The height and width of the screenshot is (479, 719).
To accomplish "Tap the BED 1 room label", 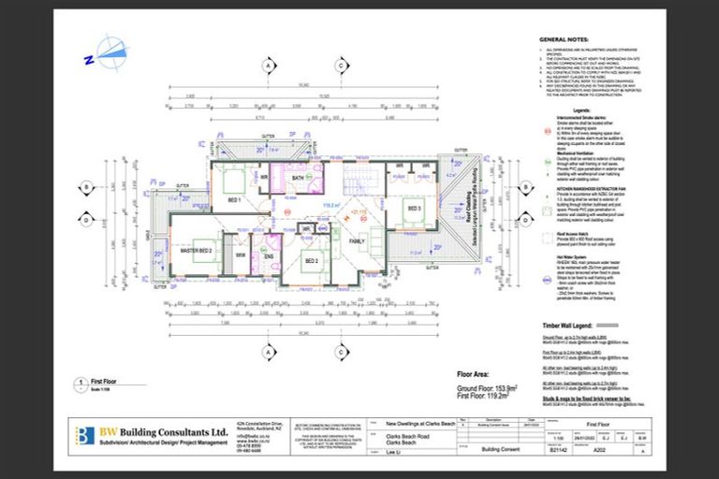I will pyautogui.click(x=233, y=200).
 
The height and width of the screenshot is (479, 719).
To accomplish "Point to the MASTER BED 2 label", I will pyautogui.click(x=196, y=252).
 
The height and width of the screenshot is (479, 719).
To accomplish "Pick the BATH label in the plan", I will pyautogui.click(x=298, y=177).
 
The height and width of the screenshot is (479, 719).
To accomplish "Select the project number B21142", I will pyautogui.click(x=558, y=449).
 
